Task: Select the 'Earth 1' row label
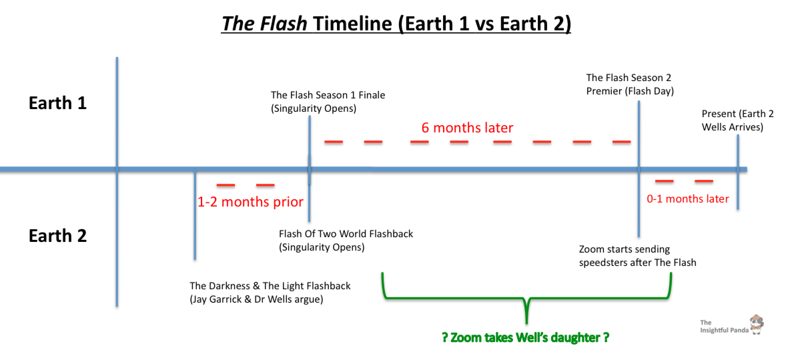point(58,103)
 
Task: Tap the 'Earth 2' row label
point(58,236)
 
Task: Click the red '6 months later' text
point(467,128)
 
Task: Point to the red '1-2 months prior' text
point(250,202)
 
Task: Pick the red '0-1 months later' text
point(688,199)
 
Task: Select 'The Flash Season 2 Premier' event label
point(630,84)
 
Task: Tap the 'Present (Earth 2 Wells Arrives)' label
point(737,120)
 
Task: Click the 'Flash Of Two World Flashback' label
point(346,240)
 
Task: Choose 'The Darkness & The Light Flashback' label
point(270,292)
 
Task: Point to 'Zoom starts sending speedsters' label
point(638,256)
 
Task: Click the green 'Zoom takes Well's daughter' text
point(525,337)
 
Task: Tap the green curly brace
point(526,298)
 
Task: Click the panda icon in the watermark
point(757,324)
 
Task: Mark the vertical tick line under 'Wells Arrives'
point(738,172)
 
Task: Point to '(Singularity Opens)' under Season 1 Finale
point(314,108)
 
